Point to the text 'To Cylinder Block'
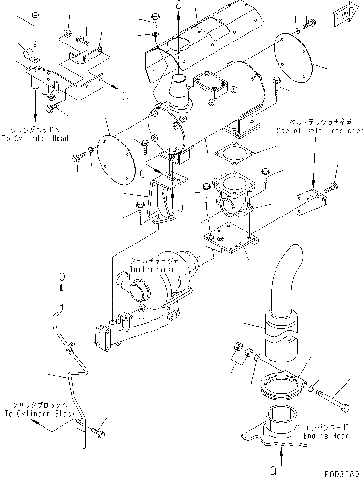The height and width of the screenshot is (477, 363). (x=40, y=414)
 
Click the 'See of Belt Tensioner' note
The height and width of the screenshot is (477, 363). (x=320, y=130)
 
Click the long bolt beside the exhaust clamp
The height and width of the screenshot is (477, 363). (x=334, y=399)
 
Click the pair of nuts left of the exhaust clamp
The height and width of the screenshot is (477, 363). (x=243, y=349)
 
